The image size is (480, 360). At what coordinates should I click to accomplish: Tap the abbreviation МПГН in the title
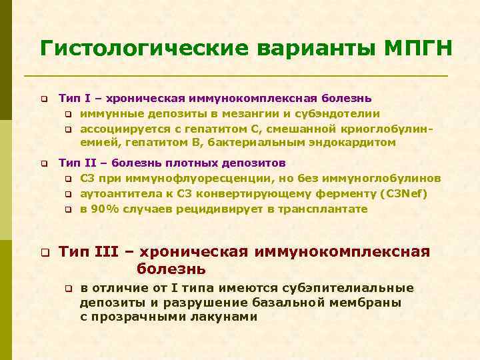[417, 48]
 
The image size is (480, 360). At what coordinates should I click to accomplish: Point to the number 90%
[105, 209]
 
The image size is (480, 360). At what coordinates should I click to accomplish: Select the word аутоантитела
[115, 193]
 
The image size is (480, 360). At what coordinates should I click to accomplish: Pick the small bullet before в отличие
[67, 289]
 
